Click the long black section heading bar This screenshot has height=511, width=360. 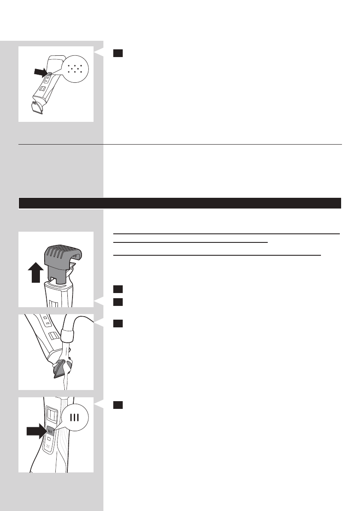point(180,203)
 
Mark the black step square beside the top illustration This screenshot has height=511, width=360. point(118,53)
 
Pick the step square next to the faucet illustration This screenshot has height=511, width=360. point(118,324)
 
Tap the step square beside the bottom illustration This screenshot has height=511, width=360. point(118,405)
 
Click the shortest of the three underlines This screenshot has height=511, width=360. point(191,242)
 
